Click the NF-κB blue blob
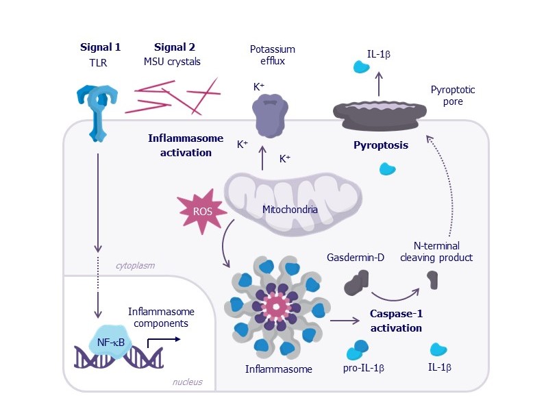pyautogui.click(x=114, y=340)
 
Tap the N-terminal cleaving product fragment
pyautogui.click(x=432, y=279)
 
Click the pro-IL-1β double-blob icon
pyautogui.click(x=358, y=349)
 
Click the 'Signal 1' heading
pyautogui.click(x=100, y=47)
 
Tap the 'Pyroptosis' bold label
pyautogui.click(x=380, y=145)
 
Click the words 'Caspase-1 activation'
pyautogui.click(x=396, y=321)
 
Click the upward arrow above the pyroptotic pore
pyautogui.click(x=380, y=85)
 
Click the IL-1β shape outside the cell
pyautogui.click(x=361, y=67)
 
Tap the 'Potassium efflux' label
pyautogui.click(x=273, y=55)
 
